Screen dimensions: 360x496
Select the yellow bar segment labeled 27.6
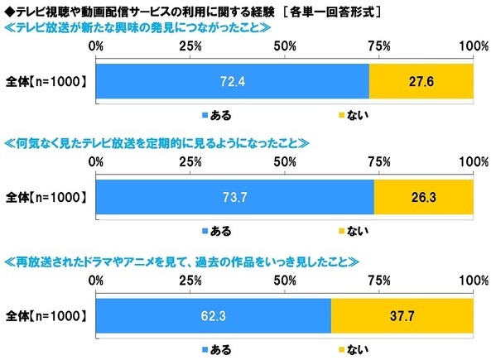[421, 83]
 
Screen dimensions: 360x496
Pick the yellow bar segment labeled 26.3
[423, 197]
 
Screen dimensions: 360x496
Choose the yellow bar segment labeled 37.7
[402, 315]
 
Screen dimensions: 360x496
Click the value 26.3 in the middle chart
[423, 197]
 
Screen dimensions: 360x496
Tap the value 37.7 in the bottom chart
[402, 315]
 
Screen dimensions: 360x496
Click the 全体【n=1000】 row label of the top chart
[47, 83]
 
